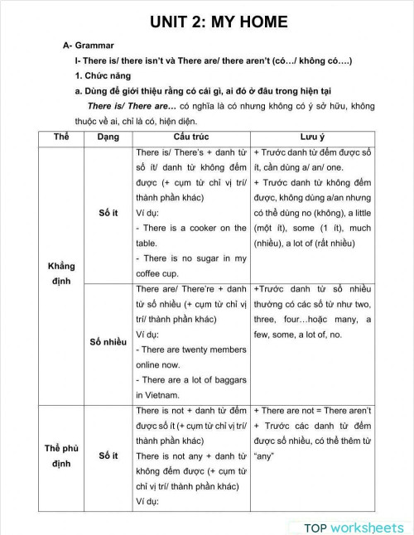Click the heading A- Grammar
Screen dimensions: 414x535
pos(89,46)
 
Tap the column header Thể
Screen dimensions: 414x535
pos(61,136)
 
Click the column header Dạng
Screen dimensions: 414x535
pos(108,136)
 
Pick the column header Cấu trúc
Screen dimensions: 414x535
pos(191,136)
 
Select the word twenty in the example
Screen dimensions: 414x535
pos(198,349)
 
